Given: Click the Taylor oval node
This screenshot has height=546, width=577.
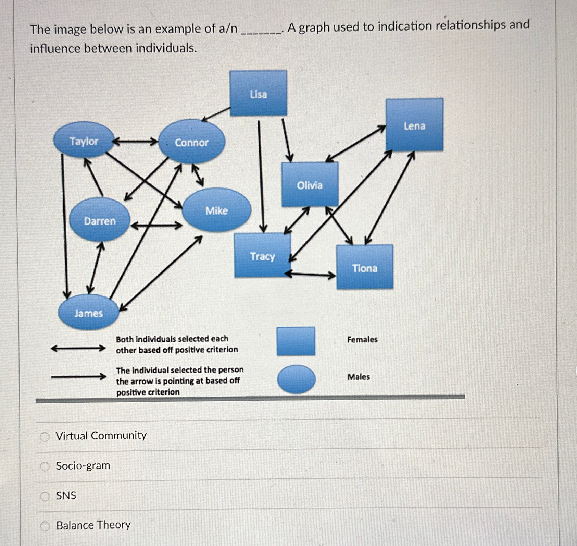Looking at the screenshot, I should (84, 141).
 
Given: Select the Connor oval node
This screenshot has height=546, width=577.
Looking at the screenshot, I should (192, 142).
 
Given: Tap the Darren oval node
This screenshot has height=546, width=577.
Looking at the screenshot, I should (100, 220).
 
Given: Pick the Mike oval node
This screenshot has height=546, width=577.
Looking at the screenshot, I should (216, 210).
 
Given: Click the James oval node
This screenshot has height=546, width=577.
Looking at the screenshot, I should (88, 313).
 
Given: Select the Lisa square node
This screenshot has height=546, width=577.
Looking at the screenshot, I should (258, 93).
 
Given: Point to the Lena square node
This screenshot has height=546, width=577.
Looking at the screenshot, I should (414, 125).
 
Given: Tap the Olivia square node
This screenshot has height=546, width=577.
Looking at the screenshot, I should (310, 185).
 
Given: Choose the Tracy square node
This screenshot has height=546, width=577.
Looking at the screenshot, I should (262, 256).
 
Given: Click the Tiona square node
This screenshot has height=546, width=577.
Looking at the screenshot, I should (365, 267).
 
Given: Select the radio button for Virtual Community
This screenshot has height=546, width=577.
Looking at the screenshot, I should (45, 436).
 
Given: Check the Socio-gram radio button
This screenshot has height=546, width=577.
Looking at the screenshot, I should (45, 466).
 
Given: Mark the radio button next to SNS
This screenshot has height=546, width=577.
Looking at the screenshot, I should (45, 496).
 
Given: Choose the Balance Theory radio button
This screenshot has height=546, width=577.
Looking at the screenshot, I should (45, 526).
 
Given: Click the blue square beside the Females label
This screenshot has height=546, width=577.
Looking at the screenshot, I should (296, 341).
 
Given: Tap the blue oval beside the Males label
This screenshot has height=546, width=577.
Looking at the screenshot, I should (296, 379).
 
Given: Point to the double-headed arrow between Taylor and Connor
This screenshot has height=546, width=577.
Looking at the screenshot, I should (135, 141).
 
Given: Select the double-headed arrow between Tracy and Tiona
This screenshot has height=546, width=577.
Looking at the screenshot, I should (310, 274).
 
